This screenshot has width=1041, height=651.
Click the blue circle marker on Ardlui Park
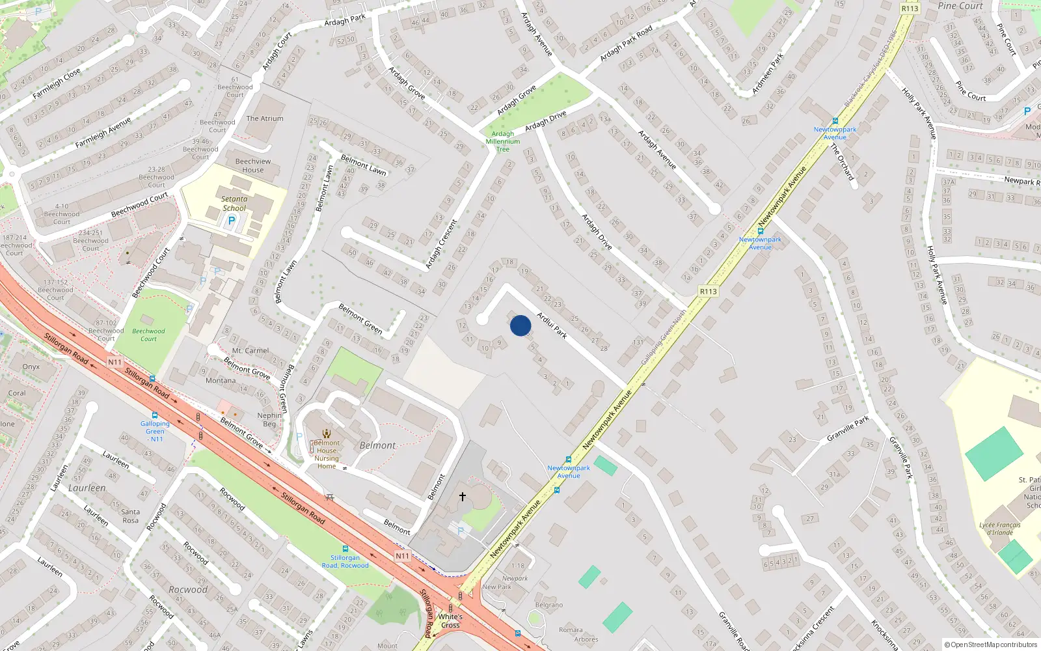pos(520,325)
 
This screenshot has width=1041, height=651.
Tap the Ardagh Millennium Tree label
pos(503,141)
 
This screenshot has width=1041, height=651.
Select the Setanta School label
pos(234,204)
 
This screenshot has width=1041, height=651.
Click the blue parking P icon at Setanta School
pos(231,221)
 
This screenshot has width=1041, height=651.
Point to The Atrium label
pos(265,118)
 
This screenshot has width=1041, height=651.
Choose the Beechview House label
pos(253,165)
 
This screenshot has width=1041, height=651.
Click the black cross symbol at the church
pos(463,496)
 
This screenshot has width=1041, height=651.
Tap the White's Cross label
pos(450,621)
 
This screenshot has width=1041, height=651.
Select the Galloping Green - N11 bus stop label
pos(155,431)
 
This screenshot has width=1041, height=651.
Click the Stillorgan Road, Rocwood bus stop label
pos(345,561)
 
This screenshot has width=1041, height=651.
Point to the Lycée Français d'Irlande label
pos(1000,529)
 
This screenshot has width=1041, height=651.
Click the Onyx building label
pos(31,367)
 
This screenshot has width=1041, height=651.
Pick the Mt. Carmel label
pos(250,350)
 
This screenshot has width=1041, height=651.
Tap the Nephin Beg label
pos(269,419)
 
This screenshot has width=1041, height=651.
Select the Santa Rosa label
pos(130,516)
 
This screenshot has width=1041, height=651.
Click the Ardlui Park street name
pos(552,325)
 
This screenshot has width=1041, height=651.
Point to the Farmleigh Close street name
pos(57,84)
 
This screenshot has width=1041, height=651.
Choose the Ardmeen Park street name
pos(768,74)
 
